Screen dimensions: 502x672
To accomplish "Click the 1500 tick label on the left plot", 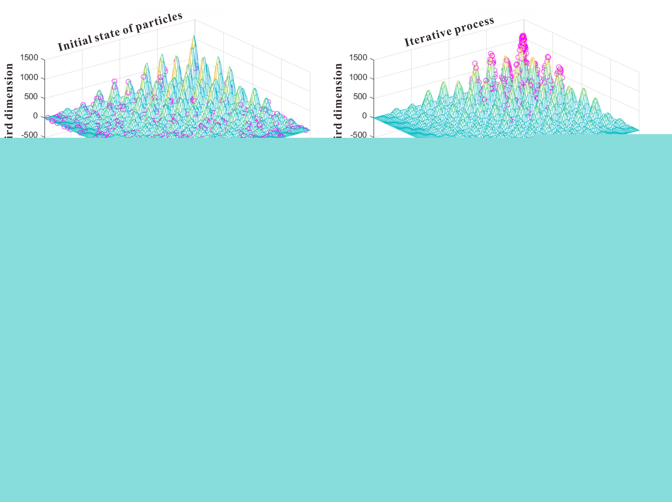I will pyautogui.click(x=29, y=58).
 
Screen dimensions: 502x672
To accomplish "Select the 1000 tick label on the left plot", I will pyautogui.click(x=29, y=77).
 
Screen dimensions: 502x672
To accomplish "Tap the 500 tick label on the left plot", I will pyautogui.click(x=31, y=97).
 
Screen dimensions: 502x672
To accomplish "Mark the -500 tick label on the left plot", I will pyautogui.click(x=30, y=135).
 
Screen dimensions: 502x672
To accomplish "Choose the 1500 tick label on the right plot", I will pyautogui.click(x=358, y=58).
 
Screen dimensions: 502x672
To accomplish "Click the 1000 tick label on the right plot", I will pyautogui.click(x=358, y=77).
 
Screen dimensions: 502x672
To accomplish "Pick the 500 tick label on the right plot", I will pyautogui.click(x=360, y=97).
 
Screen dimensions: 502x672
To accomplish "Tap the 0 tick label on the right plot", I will pyautogui.click(x=364, y=116).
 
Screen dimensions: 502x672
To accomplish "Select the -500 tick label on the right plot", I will pyautogui.click(x=359, y=135).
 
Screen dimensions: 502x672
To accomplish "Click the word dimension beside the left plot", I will pyautogui.click(x=9, y=91).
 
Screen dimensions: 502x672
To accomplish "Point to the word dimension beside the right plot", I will pyautogui.click(x=338, y=91).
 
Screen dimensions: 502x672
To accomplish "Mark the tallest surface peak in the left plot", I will pyautogui.click(x=194, y=36).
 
